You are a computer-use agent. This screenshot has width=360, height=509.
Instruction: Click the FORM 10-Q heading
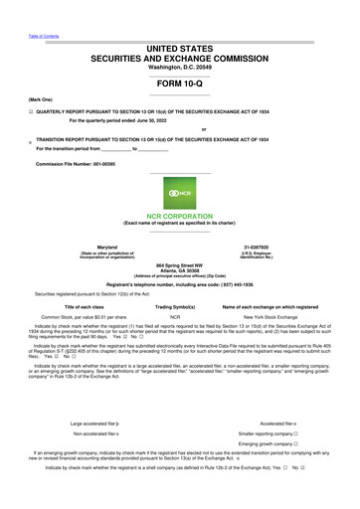[x=179, y=84]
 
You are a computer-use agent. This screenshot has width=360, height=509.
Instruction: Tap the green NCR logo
[x=179, y=193]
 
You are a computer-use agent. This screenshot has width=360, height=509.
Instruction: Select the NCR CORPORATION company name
[x=179, y=215]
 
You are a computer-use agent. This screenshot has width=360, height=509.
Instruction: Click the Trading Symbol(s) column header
[x=180, y=307]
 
